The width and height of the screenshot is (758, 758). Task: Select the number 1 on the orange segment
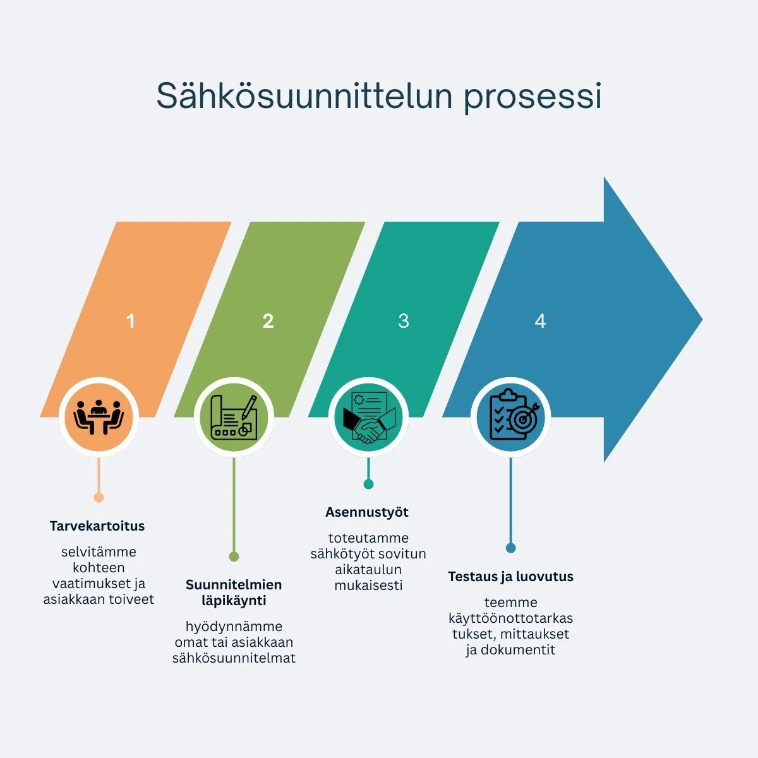(x=130, y=321)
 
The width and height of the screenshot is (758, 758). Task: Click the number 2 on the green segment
(x=268, y=321)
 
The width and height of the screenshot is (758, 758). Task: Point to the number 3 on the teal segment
(x=404, y=321)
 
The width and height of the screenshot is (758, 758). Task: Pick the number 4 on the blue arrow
(x=540, y=321)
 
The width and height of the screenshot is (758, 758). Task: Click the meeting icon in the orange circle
(x=99, y=416)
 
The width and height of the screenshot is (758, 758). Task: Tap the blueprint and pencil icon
(x=234, y=417)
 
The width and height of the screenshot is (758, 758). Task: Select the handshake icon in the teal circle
(x=368, y=417)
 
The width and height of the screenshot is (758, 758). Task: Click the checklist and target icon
(x=510, y=417)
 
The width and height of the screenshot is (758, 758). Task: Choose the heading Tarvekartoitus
(x=97, y=526)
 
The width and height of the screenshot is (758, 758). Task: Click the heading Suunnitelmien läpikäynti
(x=234, y=593)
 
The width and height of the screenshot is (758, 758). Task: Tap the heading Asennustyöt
(x=367, y=512)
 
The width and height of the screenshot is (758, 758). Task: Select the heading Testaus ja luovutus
(x=510, y=576)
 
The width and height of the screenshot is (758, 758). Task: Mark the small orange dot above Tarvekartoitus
(x=99, y=498)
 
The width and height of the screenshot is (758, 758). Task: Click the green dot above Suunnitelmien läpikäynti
(x=234, y=556)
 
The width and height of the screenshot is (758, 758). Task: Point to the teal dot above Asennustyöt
(x=368, y=484)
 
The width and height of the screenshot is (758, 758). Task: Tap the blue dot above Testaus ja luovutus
(x=510, y=548)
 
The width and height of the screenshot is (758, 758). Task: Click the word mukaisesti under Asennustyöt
(x=368, y=586)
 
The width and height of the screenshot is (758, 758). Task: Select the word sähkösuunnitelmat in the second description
(x=234, y=658)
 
